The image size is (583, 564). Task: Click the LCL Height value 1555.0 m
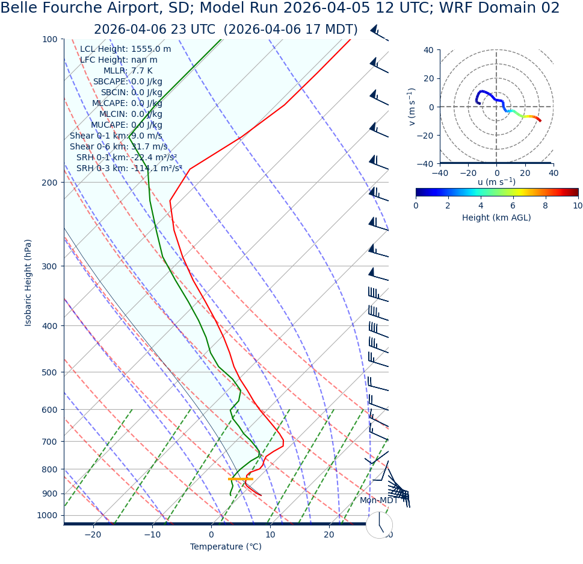tap(151, 49)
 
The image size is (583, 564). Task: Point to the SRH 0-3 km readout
tap(129, 169)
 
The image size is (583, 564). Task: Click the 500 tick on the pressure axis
tap(49, 372)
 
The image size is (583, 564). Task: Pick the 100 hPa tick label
tap(49, 40)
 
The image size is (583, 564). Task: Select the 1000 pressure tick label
tap(47, 516)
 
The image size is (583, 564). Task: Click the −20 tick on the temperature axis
tap(93, 535)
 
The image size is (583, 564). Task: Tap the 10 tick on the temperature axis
tap(270, 535)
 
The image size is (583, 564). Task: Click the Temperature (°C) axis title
tap(226, 547)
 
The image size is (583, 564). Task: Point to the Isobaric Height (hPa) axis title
tap(28, 283)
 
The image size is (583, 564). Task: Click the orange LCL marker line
tap(241, 479)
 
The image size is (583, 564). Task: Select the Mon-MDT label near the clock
tap(379, 501)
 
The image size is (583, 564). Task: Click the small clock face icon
tap(379, 525)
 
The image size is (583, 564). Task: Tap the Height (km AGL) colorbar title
tap(496, 218)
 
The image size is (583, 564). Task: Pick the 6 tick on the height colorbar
tap(513, 205)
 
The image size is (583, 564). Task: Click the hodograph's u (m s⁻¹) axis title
tap(496, 182)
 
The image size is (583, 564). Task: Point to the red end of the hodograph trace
tap(540, 121)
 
